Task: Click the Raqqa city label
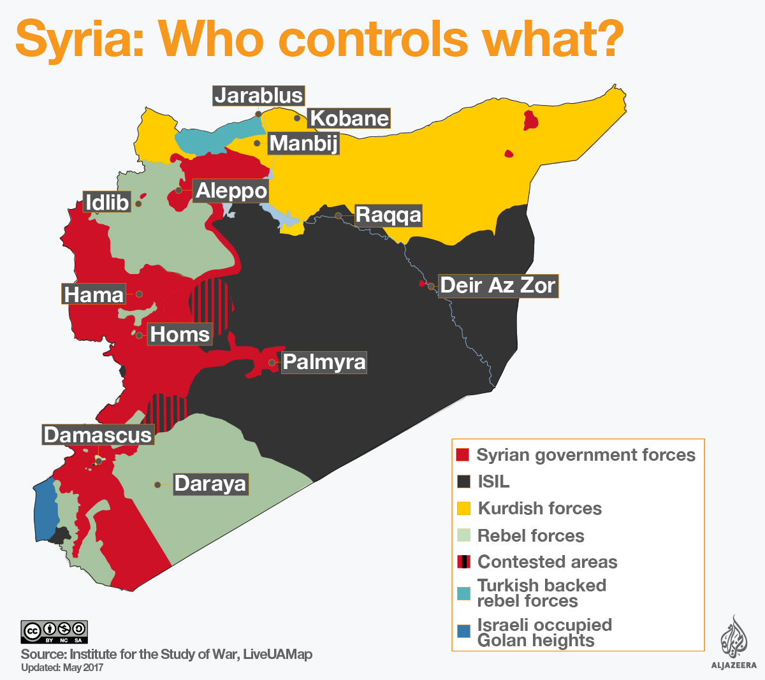point(388,215)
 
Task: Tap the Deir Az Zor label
point(498,286)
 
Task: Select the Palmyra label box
point(324,362)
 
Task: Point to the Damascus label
point(98,435)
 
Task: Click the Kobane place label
point(349,119)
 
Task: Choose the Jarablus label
point(258,96)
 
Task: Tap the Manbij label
point(303,143)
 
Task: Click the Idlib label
point(107,203)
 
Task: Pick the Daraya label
point(210,484)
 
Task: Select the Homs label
point(180,334)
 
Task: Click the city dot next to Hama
point(139,294)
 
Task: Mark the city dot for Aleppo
point(179,190)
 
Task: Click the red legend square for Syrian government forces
point(463,455)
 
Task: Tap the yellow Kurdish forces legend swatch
point(463,509)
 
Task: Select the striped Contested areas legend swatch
point(463,562)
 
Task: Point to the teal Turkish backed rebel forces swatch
point(463,593)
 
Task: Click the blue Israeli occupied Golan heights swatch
point(463,632)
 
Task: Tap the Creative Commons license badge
point(54,632)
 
